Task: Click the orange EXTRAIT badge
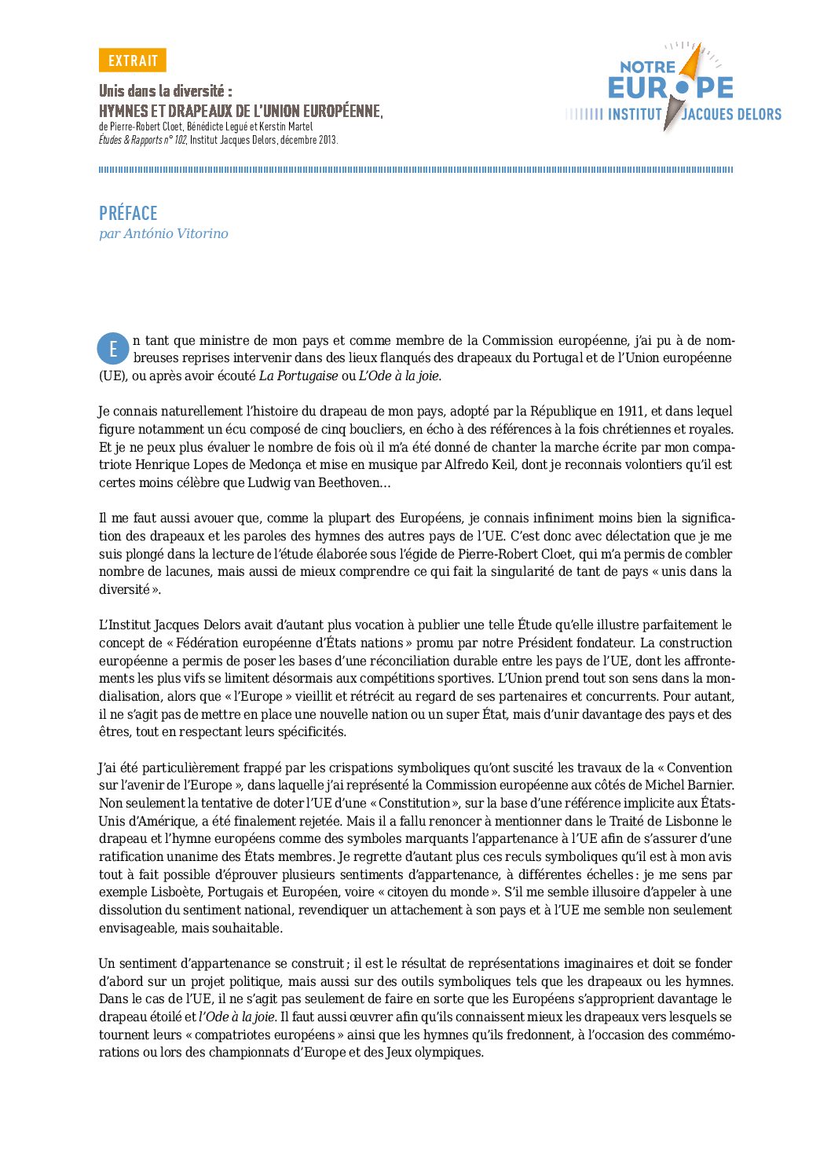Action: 132,60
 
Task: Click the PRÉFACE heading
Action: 128,213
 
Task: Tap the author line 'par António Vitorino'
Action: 163,233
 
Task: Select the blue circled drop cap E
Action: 113,349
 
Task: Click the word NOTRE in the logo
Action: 647,68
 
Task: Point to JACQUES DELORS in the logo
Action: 731,115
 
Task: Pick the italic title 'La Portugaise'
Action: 298,376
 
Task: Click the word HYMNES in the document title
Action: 123,112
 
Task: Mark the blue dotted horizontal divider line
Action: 415,170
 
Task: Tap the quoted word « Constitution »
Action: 414,803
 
